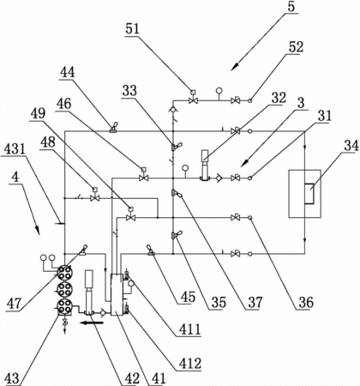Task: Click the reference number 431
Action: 14,148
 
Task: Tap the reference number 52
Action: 296,47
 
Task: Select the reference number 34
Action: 351,146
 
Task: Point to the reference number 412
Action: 190,364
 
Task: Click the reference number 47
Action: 15,303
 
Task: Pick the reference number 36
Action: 306,302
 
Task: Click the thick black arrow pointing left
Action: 92,323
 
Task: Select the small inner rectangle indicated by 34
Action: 309,194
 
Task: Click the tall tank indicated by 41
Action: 117,294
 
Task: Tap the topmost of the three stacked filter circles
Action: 64,272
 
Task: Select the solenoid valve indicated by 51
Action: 194,97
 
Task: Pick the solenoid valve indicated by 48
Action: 94,195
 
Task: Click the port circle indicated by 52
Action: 250,100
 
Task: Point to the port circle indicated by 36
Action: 250,218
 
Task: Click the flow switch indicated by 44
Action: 114,128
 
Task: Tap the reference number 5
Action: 291,6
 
